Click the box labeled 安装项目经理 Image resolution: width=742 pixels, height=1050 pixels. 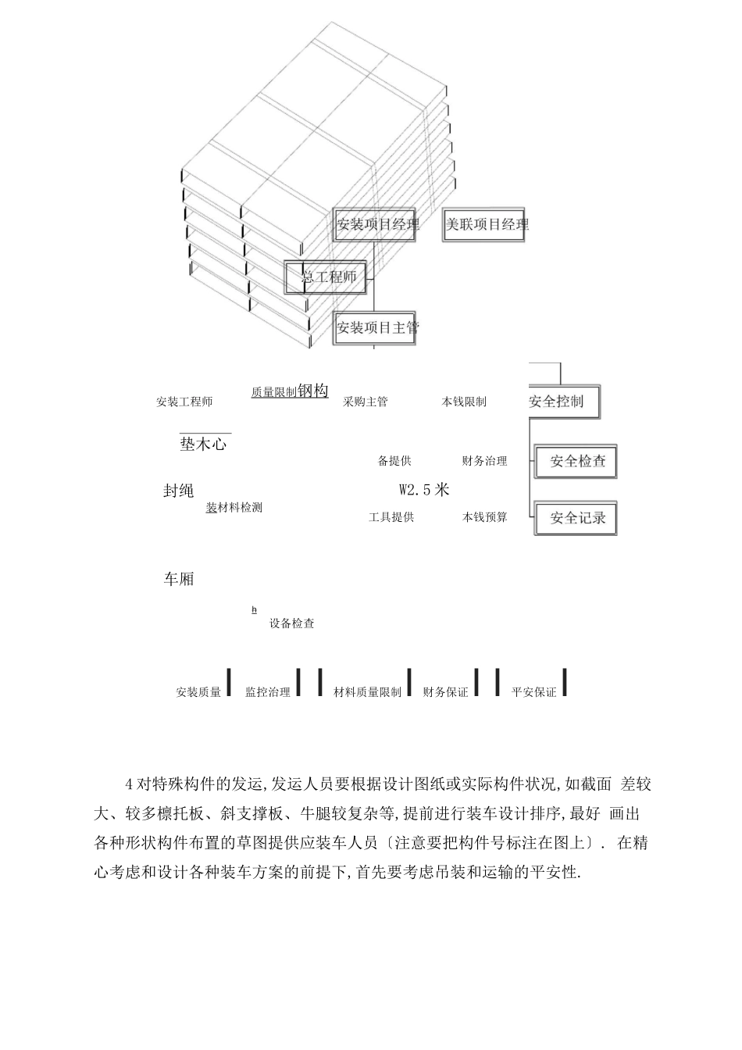click(x=375, y=225)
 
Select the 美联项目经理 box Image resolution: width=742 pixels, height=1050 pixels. click(x=485, y=225)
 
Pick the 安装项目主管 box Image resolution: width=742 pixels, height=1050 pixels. click(x=376, y=327)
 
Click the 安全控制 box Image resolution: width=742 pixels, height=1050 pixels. click(x=560, y=402)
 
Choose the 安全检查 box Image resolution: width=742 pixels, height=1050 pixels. click(x=577, y=461)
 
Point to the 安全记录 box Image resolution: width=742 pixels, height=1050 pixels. click(x=577, y=518)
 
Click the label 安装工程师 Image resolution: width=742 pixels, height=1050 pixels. click(x=184, y=402)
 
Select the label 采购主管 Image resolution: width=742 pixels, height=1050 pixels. click(x=366, y=402)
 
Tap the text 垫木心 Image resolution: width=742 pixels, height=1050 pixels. click(x=203, y=445)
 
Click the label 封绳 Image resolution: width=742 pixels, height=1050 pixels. click(x=178, y=491)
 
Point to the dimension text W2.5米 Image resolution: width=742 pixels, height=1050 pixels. click(x=424, y=490)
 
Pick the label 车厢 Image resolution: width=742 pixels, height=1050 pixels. click(x=178, y=579)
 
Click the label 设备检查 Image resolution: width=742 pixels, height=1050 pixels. click(x=292, y=623)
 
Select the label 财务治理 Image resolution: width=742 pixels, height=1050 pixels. click(x=484, y=461)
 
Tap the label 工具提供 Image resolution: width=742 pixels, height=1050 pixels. click(x=391, y=517)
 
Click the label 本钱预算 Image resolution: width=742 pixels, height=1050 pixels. click(x=484, y=517)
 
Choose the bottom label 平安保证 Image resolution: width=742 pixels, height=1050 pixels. click(x=534, y=692)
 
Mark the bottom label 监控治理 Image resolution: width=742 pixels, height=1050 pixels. click(x=268, y=692)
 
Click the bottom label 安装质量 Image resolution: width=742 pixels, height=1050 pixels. click(x=198, y=692)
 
